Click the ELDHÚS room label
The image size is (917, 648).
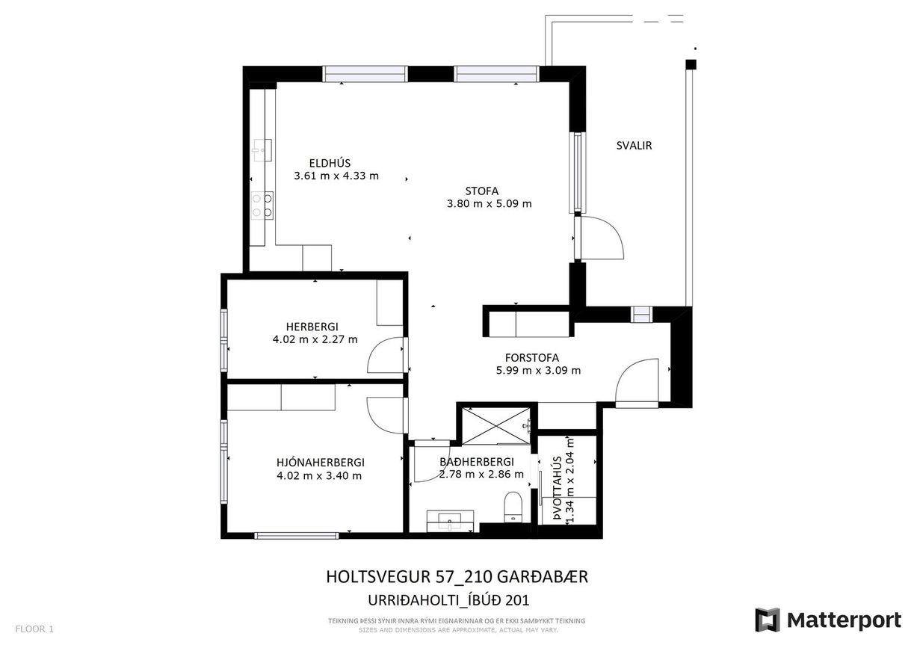tap(330, 163)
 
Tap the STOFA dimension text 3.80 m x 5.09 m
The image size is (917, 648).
tap(489, 203)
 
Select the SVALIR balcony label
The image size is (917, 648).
tap(634, 146)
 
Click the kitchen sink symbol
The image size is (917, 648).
tap(262, 149)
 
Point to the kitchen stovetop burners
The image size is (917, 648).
tap(262, 205)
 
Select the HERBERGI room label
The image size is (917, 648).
tap(312, 327)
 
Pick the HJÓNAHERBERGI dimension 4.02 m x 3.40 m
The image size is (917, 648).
tap(319, 475)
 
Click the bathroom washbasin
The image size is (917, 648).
tap(450, 520)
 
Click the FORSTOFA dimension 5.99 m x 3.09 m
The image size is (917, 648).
tap(538, 370)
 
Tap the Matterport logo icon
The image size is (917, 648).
tap(767, 620)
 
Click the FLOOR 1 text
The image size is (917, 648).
tap(34, 629)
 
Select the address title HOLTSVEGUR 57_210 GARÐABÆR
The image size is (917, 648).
tap(457, 577)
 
